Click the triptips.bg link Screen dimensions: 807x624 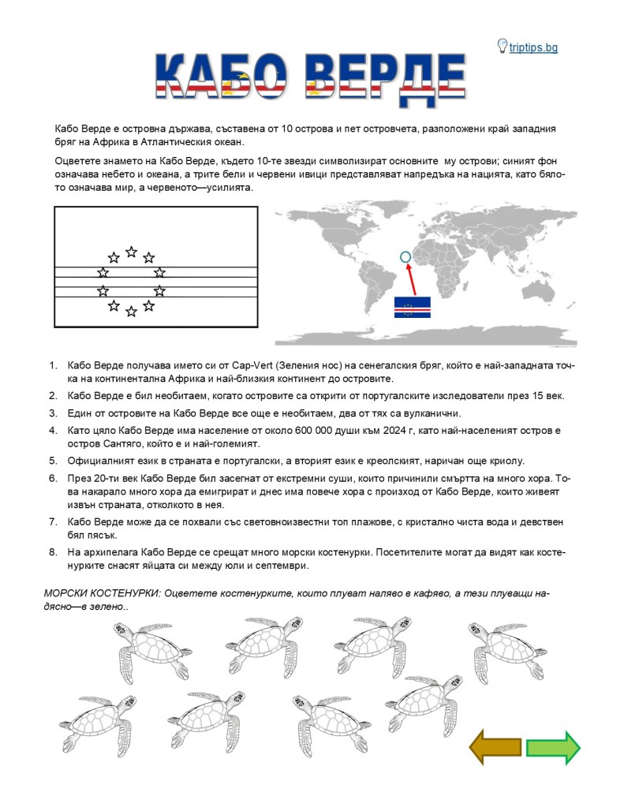(533, 47)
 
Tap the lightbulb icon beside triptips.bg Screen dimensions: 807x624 (502, 46)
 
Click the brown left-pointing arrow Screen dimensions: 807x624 (495, 746)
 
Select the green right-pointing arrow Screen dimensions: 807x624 (553, 747)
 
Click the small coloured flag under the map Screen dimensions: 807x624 (412, 307)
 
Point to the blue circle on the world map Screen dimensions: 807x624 (405, 256)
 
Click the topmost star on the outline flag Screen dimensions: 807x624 (131, 252)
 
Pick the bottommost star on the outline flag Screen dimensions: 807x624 (131, 312)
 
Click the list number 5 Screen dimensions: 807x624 (53, 460)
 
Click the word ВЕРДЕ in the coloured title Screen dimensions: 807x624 (384, 80)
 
